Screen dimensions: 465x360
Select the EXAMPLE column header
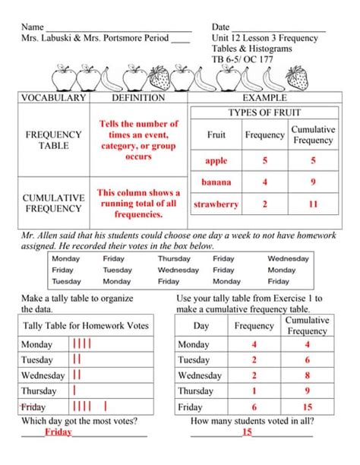tap(264, 98)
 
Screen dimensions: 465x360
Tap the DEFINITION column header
tap(137, 98)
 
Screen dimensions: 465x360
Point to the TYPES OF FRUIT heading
tap(264, 112)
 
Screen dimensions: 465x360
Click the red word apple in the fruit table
tap(216, 161)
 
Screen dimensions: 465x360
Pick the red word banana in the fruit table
tap(216, 182)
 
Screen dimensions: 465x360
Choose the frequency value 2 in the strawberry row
tap(264, 204)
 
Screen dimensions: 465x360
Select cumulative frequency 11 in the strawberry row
tap(313, 204)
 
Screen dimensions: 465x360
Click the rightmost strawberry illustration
tap(297, 78)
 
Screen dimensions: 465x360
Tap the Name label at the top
tap(33, 27)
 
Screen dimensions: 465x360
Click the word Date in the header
tap(221, 27)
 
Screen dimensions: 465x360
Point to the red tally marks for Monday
tap(81, 344)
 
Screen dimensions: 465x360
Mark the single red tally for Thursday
tap(74, 391)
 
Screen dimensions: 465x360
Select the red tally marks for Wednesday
tap(77, 375)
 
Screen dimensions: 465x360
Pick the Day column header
tap(201, 326)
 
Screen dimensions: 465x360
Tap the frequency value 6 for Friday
tap(254, 406)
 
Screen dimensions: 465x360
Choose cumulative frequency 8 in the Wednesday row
tap(307, 375)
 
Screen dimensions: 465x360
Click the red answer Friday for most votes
tap(58, 432)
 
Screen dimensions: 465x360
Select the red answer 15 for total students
tap(247, 432)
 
